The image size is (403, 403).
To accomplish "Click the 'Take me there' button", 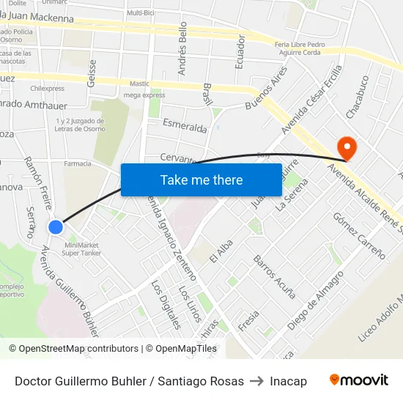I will click(x=202, y=180).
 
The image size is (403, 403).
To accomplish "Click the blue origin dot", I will click(x=56, y=227).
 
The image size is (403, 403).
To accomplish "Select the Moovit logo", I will click(x=358, y=380).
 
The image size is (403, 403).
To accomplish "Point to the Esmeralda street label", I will click(x=185, y=126).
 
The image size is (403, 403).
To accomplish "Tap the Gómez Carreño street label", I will click(x=359, y=235).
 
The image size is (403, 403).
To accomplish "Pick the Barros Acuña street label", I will click(x=274, y=277).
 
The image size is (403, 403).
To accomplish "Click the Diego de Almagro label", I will click(x=316, y=300).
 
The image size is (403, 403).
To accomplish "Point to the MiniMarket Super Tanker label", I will click(x=81, y=249).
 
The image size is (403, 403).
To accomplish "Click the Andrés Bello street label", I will click(x=183, y=48).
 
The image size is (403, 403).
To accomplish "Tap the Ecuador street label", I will click(x=240, y=52).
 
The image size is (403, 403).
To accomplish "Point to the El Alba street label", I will click(x=221, y=251).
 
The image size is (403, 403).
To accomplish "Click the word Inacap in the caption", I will click(x=288, y=381).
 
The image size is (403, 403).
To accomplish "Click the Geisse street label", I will click(x=92, y=73).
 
